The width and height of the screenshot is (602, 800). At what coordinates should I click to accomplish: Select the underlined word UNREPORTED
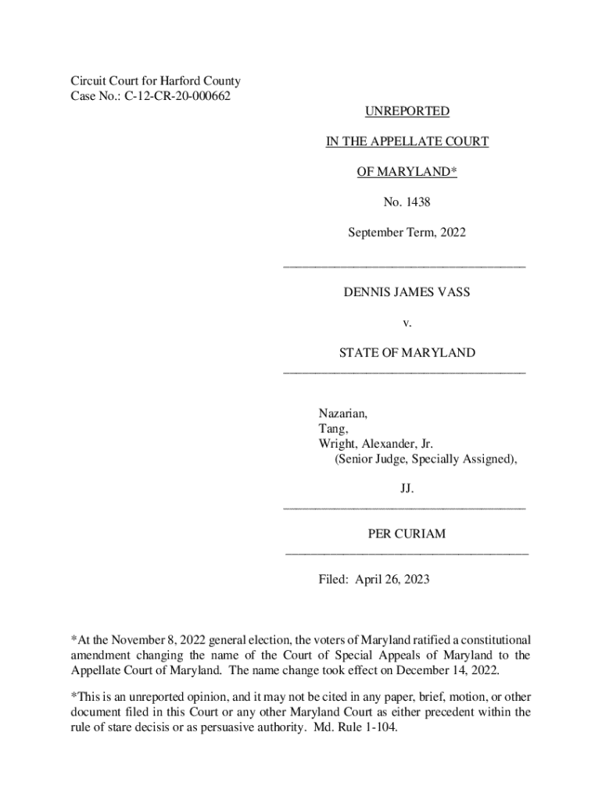click(x=407, y=112)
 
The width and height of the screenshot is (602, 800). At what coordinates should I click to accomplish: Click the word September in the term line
click(x=374, y=232)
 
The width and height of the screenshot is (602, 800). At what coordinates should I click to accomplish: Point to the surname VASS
click(x=453, y=292)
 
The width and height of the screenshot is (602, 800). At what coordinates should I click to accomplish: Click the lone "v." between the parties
click(x=407, y=322)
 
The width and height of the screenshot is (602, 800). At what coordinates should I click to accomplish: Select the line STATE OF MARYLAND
click(x=407, y=353)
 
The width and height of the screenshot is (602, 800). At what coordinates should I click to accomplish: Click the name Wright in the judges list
click(x=337, y=444)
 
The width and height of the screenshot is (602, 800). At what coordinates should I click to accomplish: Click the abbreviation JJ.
click(x=407, y=489)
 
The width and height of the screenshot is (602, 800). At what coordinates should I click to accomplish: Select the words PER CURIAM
click(x=407, y=534)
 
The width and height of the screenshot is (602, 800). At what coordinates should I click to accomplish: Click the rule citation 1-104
click(x=382, y=727)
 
